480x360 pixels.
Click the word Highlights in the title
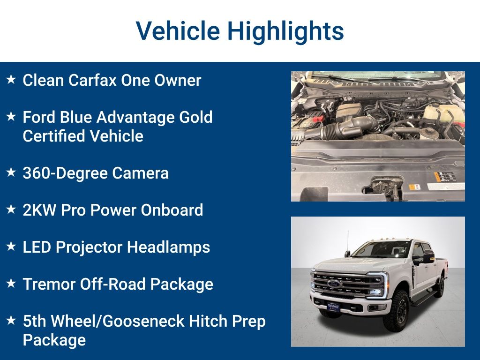tap(285, 31)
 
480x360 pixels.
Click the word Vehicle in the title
tap(178, 31)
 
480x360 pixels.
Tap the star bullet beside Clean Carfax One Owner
tap(11, 80)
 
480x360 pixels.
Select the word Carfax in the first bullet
tap(93, 80)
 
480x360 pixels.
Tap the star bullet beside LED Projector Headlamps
tap(11, 247)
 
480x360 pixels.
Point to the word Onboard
tap(173, 210)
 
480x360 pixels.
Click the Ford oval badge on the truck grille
tap(335, 284)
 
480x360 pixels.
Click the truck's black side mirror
tap(427, 257)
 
